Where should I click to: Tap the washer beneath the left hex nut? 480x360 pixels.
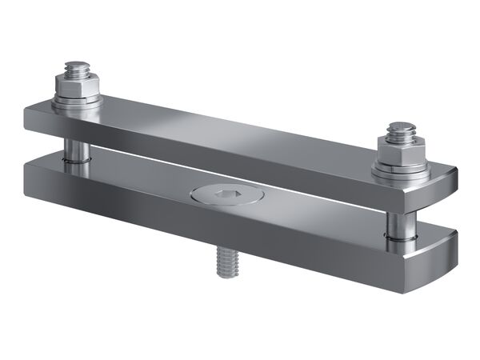[78, 102]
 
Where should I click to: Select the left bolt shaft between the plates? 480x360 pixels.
[74, 147]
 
